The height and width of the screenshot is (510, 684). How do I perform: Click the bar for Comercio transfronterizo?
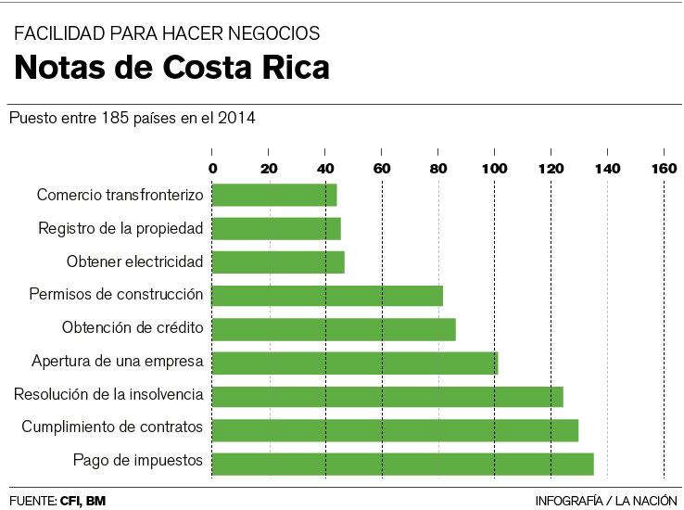tap(274, 195)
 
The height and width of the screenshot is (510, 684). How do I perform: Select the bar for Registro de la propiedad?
tap(276, 228)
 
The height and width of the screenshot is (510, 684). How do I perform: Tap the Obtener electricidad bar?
tap(278, 262)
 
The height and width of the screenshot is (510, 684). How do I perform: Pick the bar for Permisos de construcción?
tap(327, 296)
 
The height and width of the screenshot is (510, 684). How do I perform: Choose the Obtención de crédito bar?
tap(334, 329)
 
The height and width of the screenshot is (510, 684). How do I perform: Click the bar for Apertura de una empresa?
tap(355, 363)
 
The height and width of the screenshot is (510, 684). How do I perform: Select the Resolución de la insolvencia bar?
tap(387, 396)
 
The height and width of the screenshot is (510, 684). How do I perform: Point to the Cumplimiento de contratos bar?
tap(395, 430)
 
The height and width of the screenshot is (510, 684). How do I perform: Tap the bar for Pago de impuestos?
tap(402, 464)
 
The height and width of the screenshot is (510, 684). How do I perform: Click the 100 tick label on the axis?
tap(494, 169)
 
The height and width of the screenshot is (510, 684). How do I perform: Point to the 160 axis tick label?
tap(664, 169)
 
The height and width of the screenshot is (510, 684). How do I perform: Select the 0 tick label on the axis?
tap(212, 169)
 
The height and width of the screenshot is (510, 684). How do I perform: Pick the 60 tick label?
tap(381, 169)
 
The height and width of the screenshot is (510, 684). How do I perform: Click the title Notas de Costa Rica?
tap(171, 69)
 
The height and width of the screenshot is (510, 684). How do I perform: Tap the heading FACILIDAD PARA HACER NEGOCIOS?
tap(167, 33)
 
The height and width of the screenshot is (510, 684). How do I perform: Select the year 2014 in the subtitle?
tap(237, 119)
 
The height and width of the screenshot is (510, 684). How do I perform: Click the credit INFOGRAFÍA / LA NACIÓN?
tap(606, 501)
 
